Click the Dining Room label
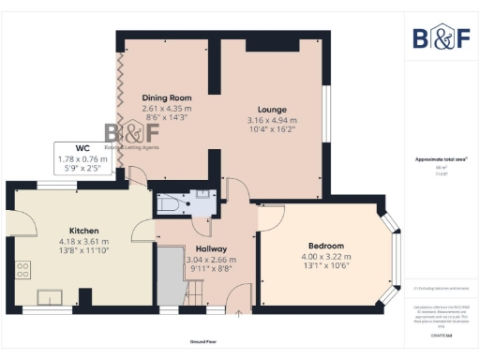(x=167, y=97)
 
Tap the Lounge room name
(x=272, y=110)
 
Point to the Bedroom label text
(x=325, y=246)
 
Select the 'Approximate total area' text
(x=441, y=159)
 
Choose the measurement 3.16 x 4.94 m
(x=272, y=120)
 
